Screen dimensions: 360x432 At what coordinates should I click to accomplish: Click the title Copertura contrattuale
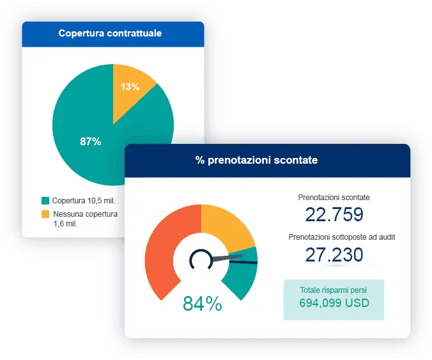click(x=110, y=33)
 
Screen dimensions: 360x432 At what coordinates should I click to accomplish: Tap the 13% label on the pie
click(x=130, y=87)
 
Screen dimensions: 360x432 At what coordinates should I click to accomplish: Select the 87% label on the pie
click(x=91, y=142)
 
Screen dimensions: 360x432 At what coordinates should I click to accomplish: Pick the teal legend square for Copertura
click(x=45, y=200)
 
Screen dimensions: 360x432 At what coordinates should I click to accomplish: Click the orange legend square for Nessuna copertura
click(x=45, y=214)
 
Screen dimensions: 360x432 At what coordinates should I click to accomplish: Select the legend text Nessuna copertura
click(x=85, y=214)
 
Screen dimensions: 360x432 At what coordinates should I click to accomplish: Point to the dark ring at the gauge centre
click(x=200, y=259)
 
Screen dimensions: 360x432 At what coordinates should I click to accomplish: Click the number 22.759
click(x=334, y=214)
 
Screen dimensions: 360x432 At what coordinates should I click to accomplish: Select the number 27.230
click(x=334, y=254)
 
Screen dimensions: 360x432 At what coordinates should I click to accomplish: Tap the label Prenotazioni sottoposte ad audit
click(x=342, y=237)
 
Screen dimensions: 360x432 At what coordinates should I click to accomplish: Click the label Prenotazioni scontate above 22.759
click(x=334, y=198)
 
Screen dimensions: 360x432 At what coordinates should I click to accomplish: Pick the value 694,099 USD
click(x=334, y=304)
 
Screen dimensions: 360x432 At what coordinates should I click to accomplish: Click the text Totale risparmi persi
click(x=334, y=290)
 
